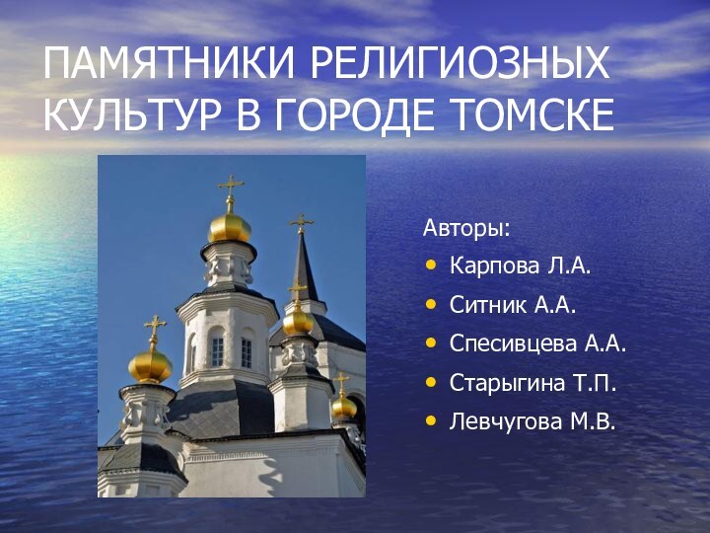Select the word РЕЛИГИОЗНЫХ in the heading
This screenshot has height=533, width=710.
pyautogui.click(x=460, y=66)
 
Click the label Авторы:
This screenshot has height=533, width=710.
pyautogui.click(x=467, y=229)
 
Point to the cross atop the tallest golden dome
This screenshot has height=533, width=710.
pyautogui.click(x=231, y=189)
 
